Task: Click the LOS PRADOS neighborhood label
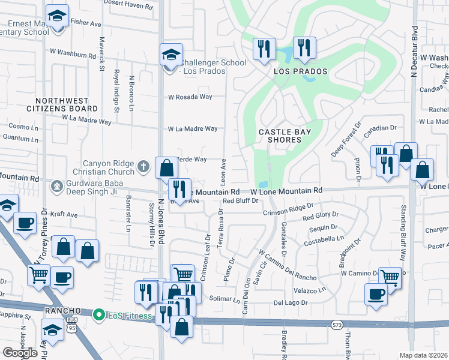[x=301, y=71]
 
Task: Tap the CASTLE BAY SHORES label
[x=280, y=136]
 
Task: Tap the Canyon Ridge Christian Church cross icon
[x=143, y=166]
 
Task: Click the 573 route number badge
[x=337, y=325]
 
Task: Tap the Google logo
[x=20, y=353]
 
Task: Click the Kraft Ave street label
[x=64, y=214]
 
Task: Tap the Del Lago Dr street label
[x=291, y=303]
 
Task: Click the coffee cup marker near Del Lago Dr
[x=376, y=295]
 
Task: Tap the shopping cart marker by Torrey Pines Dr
[x=39, y=275]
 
